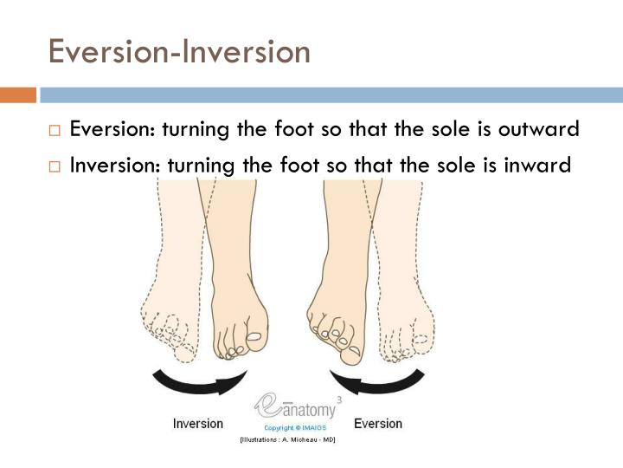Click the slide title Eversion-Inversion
(x=179, y=52)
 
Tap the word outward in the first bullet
(x=539, y=129)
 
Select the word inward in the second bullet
(x=537, y=165)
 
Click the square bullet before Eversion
(x=55, y=131)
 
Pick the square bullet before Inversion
(x=55, y=166)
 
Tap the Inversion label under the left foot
(x=198, y=424)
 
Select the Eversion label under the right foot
(x=378, y=424)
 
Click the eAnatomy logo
(x=298, y=406)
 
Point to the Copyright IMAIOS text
(x=295, y=428)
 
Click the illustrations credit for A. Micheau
(x=287, y=439)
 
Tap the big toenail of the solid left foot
(x=254, y=337)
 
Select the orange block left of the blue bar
(x=18, y=95)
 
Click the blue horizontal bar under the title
(x=331, y=95)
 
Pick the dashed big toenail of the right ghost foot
(x=421, y=340)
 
